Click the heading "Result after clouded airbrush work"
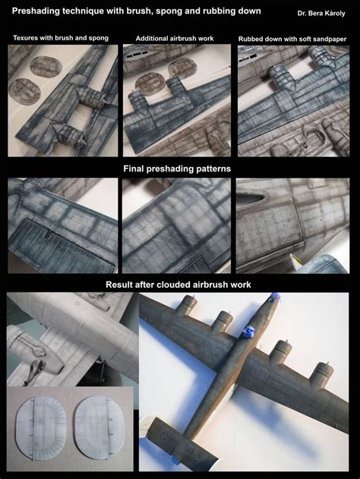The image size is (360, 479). tap(179, 285)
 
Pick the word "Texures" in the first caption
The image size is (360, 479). tap(28, 38)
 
